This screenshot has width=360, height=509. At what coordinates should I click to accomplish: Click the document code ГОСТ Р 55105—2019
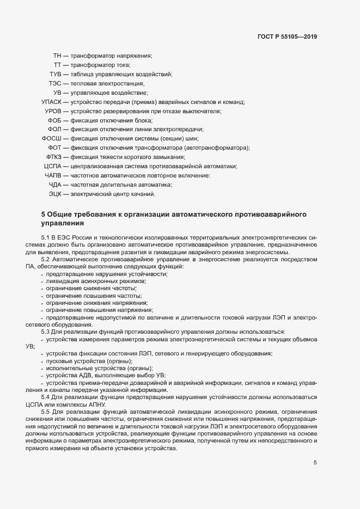click(286, 37)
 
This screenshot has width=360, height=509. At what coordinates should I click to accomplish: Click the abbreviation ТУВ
click(55, 74)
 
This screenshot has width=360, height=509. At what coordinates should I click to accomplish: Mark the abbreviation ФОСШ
click(52, 139)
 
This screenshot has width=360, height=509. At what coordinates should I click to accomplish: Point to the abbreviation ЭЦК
click(55, 194)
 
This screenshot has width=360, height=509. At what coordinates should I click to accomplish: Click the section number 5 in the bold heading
click(44, 214)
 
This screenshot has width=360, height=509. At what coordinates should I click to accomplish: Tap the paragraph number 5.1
click(45, 238)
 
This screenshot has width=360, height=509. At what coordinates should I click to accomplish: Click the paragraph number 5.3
click(45, 332)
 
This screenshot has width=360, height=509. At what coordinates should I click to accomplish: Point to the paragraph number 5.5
click(45, 411)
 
